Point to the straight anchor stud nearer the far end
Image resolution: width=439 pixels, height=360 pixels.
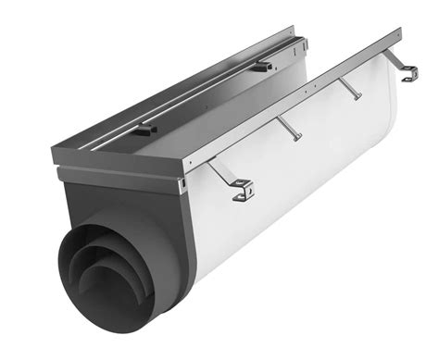pyautogui.click(x=353, y=90)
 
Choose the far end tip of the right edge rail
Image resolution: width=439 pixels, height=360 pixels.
pyautogui.click(x=399, y=33)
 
